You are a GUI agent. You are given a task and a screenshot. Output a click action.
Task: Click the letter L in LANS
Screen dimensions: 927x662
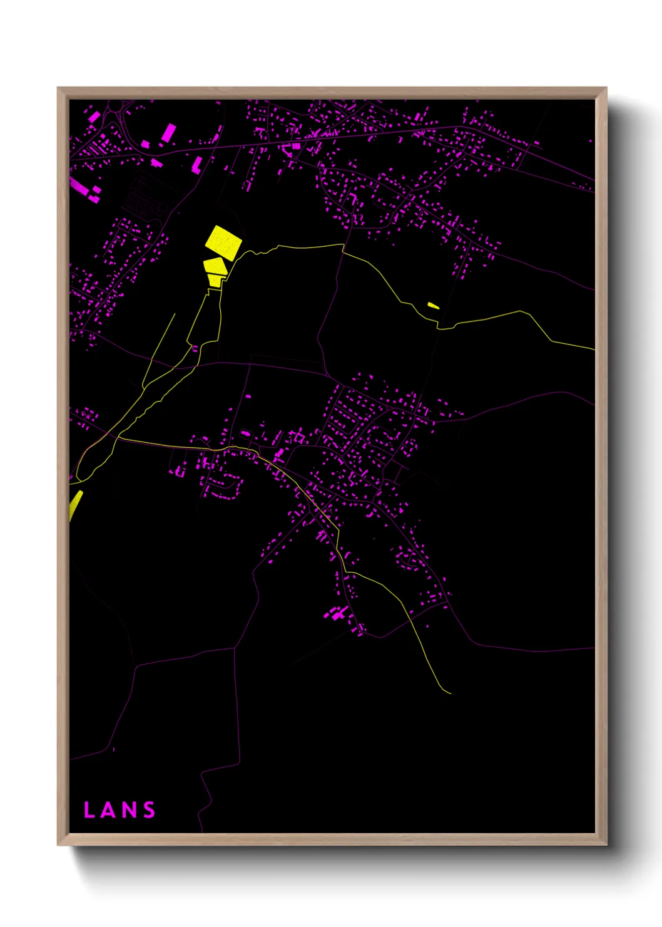89,810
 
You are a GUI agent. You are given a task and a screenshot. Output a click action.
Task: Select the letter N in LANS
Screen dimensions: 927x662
128,810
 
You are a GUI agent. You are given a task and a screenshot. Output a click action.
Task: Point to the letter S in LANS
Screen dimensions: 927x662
149,810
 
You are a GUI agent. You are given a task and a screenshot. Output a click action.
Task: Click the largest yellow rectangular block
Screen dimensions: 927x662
223,242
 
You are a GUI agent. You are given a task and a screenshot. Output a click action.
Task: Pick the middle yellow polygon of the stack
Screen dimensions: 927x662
215,265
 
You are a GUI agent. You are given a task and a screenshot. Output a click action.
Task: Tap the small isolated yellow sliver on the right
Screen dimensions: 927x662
433,306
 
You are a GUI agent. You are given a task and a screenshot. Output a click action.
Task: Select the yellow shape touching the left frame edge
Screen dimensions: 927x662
75,504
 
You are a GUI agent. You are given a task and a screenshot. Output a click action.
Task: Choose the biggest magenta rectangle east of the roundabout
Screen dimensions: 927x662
169,133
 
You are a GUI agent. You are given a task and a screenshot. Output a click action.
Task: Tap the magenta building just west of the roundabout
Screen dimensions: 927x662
93,117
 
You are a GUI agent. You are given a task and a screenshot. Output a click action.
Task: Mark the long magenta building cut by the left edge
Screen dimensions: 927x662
78,185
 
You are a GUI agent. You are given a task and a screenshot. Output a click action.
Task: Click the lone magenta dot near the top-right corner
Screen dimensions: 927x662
590,140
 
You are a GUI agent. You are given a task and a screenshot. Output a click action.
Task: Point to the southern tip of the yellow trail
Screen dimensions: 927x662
450,693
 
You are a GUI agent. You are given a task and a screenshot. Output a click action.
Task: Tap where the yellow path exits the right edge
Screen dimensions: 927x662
593,349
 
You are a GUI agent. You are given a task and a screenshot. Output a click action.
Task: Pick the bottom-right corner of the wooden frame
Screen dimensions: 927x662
606,844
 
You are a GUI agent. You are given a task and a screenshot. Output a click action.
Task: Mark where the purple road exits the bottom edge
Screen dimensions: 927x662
201,831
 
